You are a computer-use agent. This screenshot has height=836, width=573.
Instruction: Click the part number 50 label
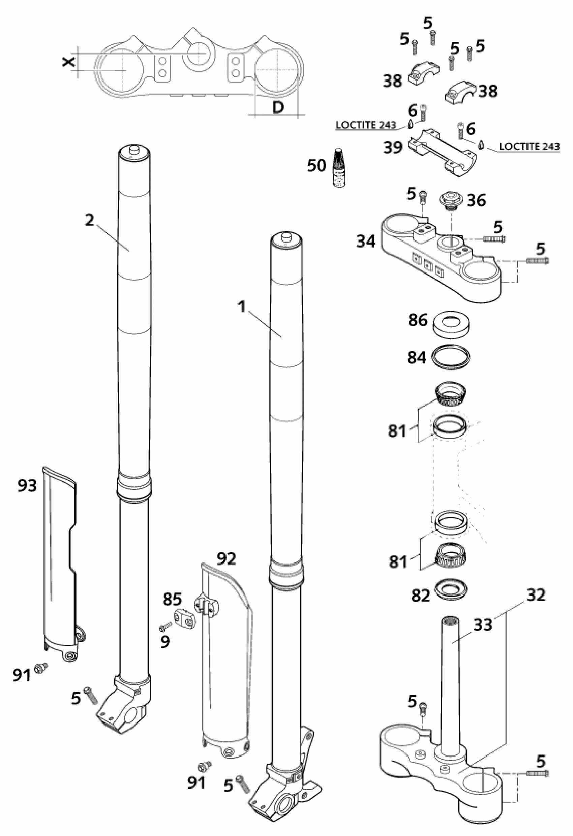pyautogui.click(x=317, y=165)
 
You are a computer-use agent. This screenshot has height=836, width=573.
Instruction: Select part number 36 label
pyautogui.click(x=476, y=200)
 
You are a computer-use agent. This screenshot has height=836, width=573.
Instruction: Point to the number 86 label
pyautogui.click(x=418, y=319)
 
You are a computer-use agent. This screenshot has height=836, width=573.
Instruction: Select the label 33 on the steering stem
pyautogui.click(x=483, y=624)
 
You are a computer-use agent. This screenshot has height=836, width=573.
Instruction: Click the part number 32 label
pyautogui.click(x=536, y=595)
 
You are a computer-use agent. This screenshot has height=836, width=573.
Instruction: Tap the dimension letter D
pyautogui.click(x=277, y=107)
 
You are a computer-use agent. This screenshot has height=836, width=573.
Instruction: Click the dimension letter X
pyautogui.click(x=69, y=62)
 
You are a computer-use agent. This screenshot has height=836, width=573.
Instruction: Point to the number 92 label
pyautogui.click(x=227, y=559)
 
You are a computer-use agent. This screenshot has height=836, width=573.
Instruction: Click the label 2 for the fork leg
pyautogui.click(x=89, y=220)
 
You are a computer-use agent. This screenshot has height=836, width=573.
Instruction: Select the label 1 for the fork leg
pyautogui.click(x=242, y=307)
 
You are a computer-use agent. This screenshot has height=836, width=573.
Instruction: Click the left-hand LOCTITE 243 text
pyautogui.click(x=366, y=125)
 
